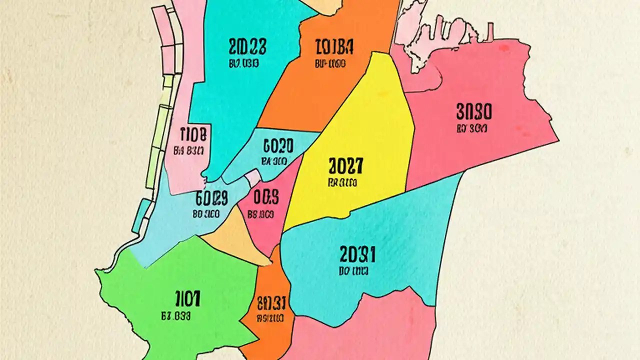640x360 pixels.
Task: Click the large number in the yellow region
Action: [346, 165]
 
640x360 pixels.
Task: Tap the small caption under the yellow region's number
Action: [342, 183]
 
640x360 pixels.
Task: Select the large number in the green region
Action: [188, 299]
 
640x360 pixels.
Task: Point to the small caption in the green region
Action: [176, 316]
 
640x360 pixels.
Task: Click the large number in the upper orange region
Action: [335, 47]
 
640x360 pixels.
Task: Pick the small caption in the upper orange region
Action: [331, 64]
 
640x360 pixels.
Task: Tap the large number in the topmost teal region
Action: [247, 47]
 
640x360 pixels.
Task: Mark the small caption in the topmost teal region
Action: [243, 63]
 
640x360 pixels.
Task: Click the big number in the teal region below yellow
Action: [357, 255]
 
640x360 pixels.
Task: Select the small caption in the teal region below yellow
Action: [353, 272]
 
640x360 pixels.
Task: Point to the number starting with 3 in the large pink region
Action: [474, 110]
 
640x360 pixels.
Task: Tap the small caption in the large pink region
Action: [471, 128]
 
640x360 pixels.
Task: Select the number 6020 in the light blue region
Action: [278, 146]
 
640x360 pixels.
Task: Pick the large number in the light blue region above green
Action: [212, 199]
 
